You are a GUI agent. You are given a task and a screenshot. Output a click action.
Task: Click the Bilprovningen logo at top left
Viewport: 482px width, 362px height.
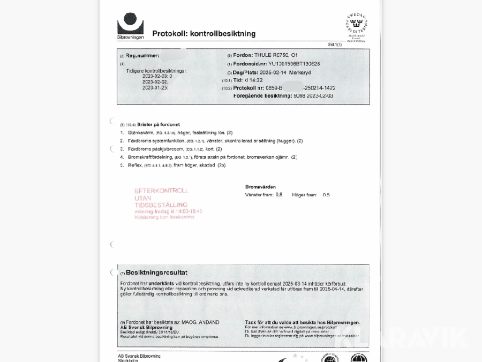click(x=130, y=25)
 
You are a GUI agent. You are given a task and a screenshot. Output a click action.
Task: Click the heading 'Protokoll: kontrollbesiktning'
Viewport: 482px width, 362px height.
click(x=204, y=34)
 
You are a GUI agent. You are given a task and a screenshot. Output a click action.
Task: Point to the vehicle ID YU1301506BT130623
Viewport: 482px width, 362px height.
click(x=294, y=64)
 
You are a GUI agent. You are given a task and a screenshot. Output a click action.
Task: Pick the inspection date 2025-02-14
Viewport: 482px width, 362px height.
click(x=273, y=72)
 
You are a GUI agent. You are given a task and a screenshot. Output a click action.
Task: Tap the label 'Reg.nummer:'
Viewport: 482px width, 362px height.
click(x=142, y=56)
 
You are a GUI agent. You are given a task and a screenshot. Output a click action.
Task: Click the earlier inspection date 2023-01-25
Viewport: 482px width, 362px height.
click(x=155, y=87)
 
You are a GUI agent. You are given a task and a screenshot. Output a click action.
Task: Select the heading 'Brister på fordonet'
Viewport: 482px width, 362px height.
click(x=159, y=124)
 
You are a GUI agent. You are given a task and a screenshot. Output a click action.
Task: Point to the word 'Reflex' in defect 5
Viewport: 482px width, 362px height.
click(x=134, y=165)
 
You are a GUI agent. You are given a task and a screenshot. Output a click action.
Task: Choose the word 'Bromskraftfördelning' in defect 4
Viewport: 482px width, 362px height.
click(x=150, y=157)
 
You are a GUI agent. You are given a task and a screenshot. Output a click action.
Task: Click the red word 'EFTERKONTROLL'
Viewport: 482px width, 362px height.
click(x=161, y=190)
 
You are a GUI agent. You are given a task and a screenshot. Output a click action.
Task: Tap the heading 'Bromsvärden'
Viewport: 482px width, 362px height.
click(x=260, y=187)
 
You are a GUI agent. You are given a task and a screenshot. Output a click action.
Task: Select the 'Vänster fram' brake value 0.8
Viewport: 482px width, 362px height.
click(x=278, y=195)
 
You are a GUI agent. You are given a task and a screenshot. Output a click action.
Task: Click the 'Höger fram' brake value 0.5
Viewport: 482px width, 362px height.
click(x=326, y=195)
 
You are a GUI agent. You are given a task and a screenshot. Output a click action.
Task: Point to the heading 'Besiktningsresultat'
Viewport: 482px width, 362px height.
click(x=156, y=272)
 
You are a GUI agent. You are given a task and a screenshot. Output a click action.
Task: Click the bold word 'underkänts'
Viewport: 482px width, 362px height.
click(x=161, y=283)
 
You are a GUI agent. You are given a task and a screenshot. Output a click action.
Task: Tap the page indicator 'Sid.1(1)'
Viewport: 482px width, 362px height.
click(x=335, y=45)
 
